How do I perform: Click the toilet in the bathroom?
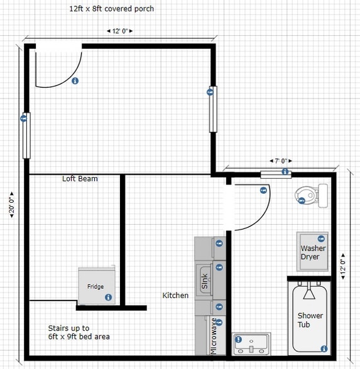[x=312, y=195]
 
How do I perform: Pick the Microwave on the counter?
[x=213, y=336]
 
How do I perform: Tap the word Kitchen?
[x=175, y=295]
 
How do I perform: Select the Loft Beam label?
[x=80, y=179]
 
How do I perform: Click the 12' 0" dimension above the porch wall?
[x=119, y=31]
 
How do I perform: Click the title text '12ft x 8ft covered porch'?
[x=112, y=9]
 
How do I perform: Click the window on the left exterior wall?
[x=26, y=135]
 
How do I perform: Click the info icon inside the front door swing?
[x=75, y=81]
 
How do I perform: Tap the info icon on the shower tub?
[x=324, y=349]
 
